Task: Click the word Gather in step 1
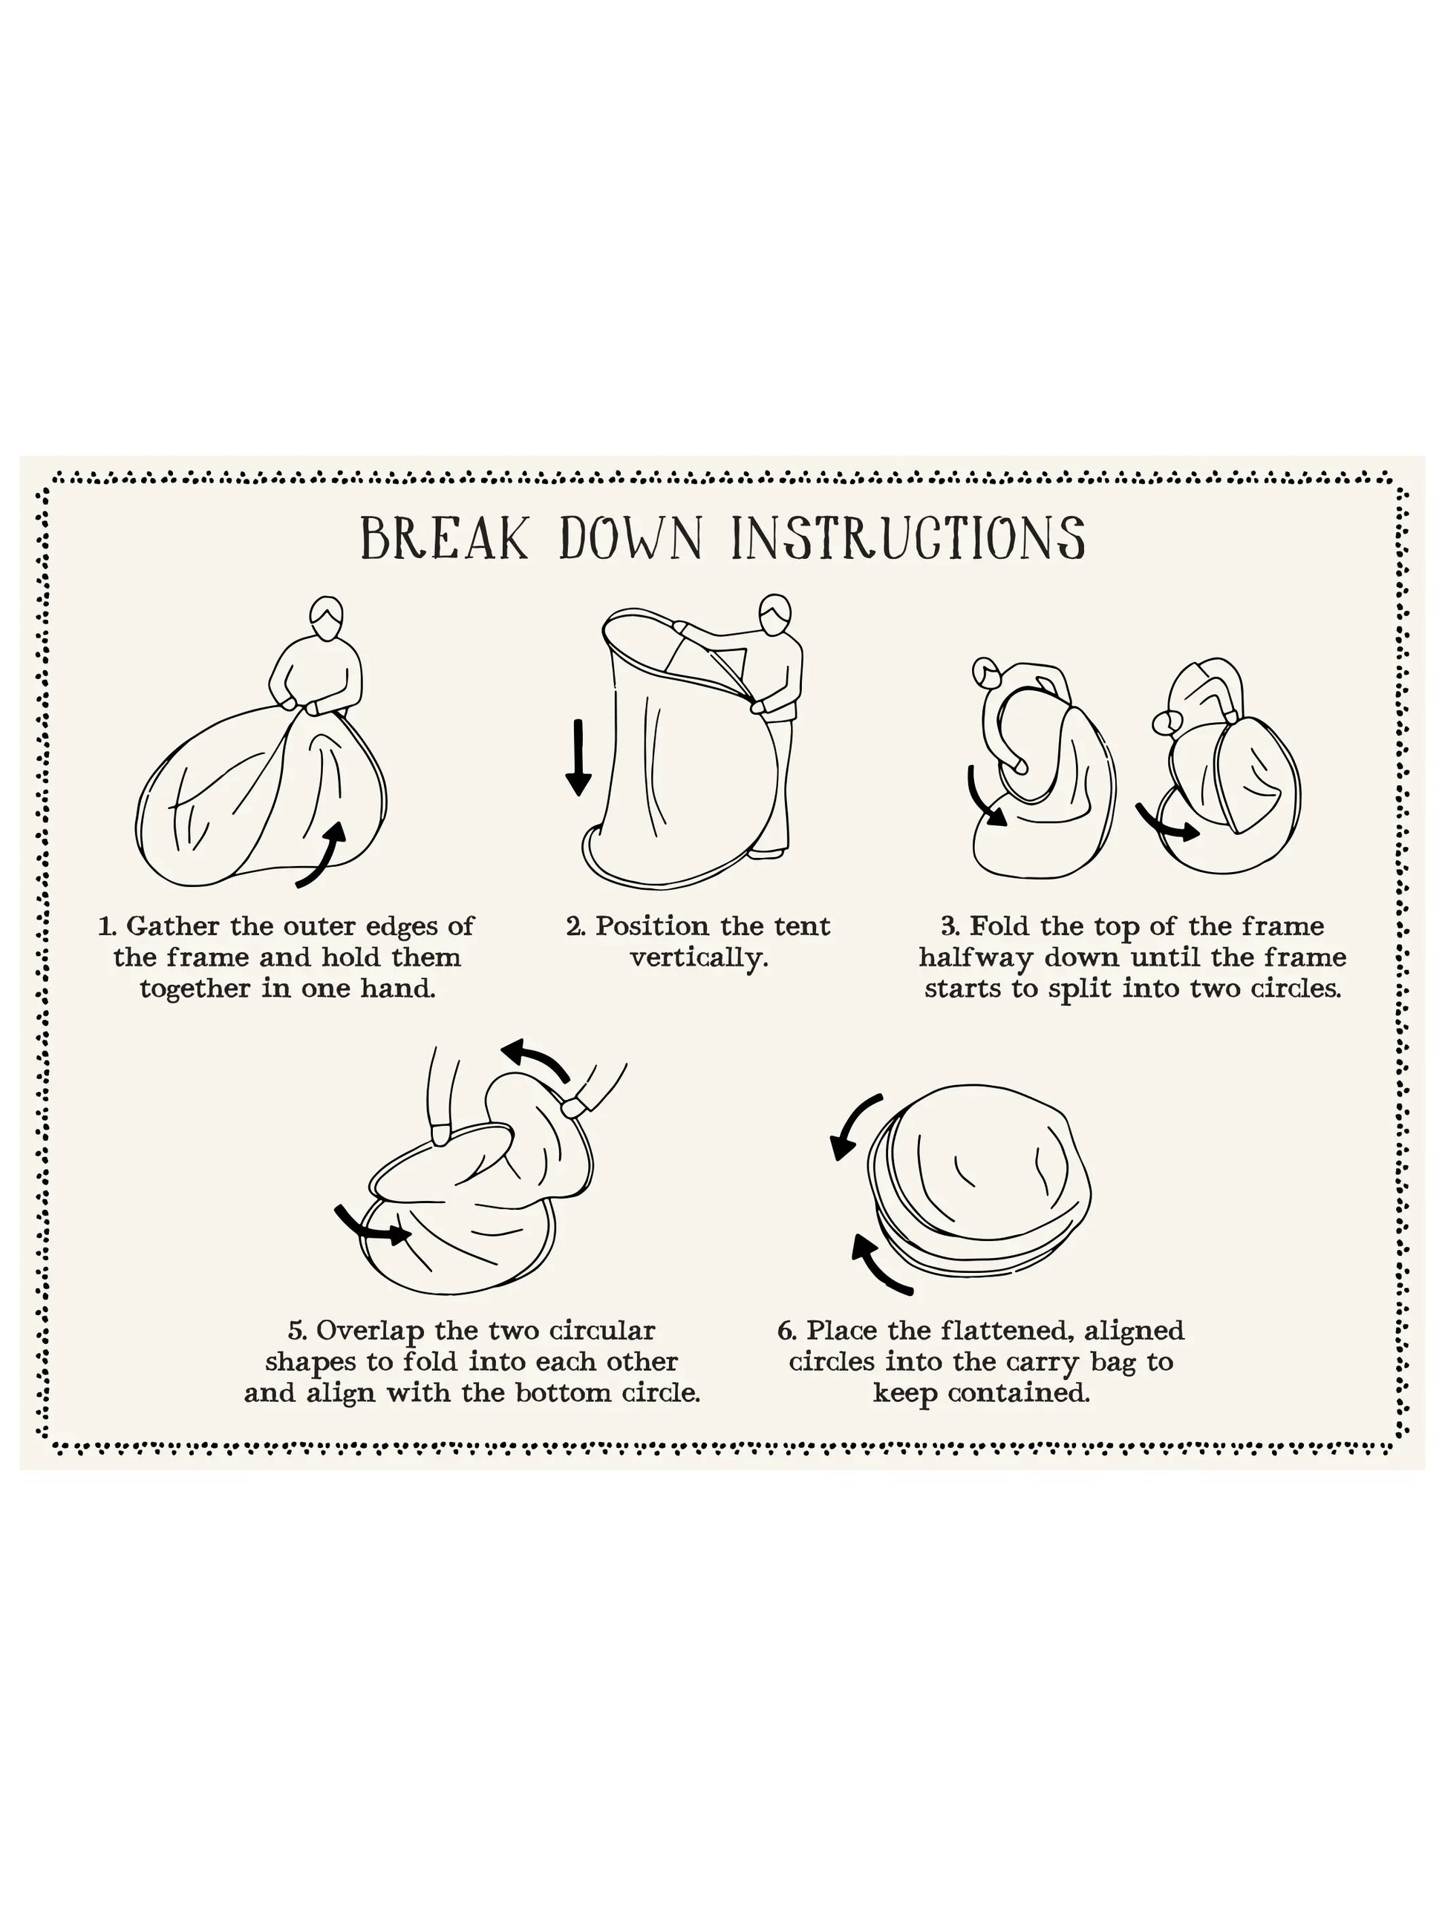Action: click(x=172, y=926)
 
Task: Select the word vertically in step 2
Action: click(x=699, y=959)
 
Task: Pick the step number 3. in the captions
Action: click(x=951, y=926)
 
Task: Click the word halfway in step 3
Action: click(x=976, y=959)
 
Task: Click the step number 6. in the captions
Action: click(x=787, y=1332)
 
